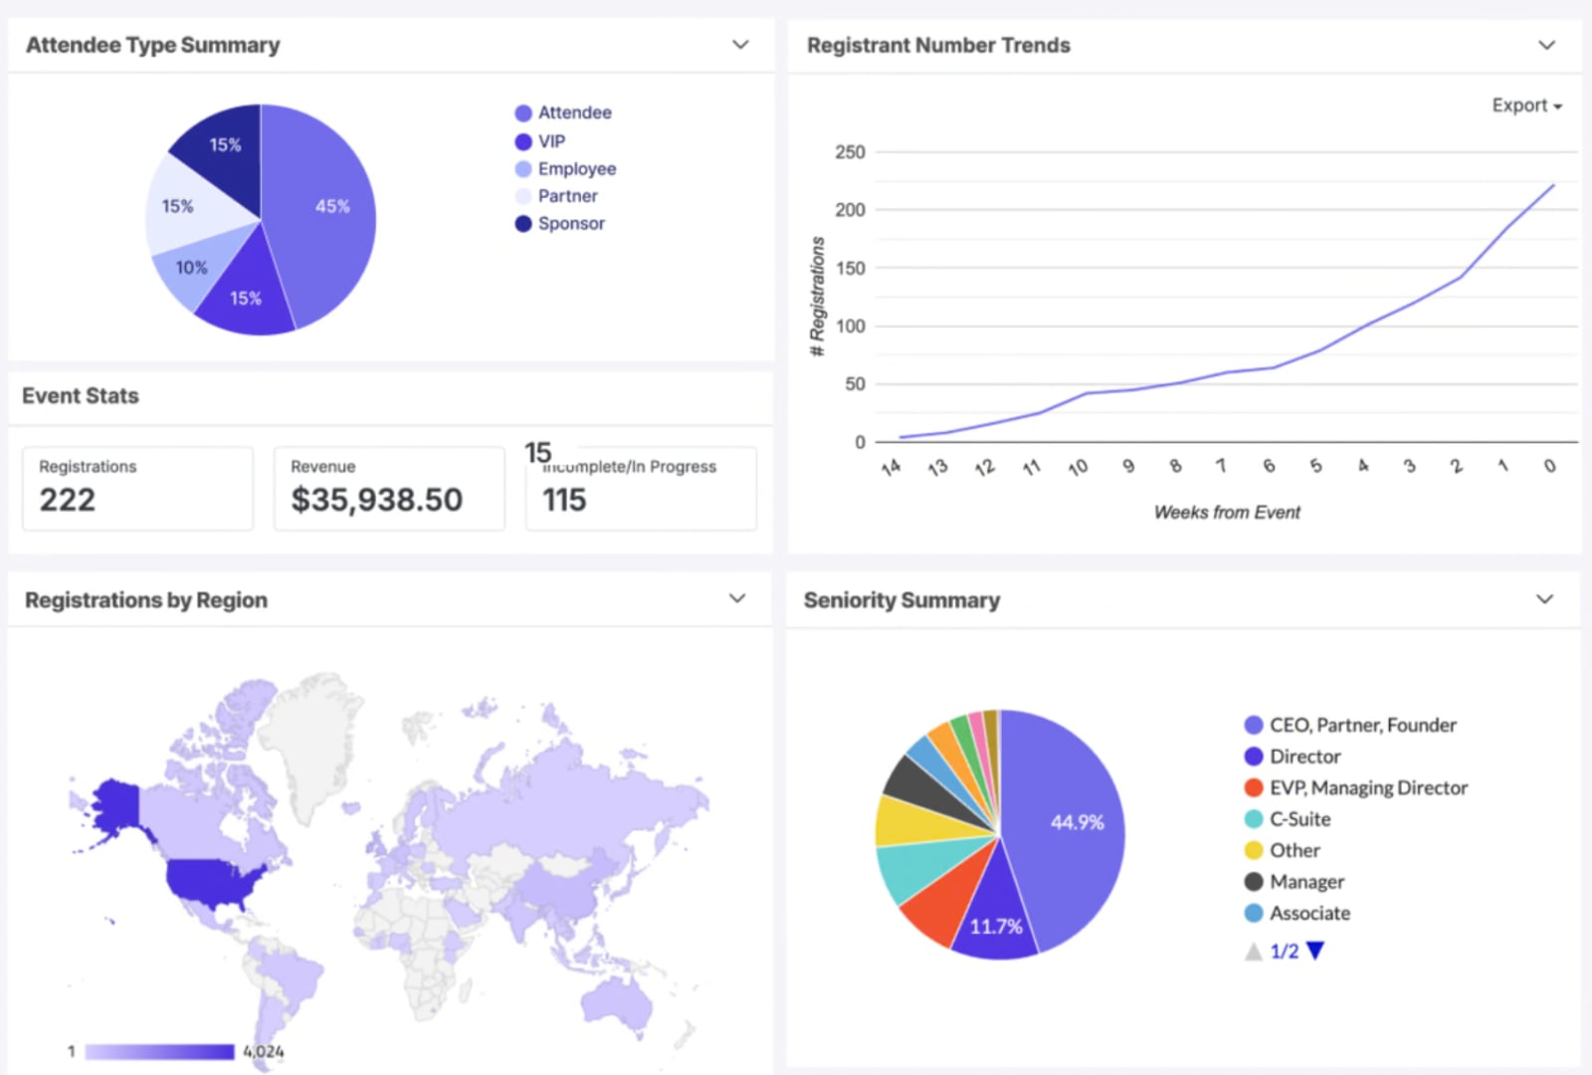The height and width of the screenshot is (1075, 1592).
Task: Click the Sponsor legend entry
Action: (570, 224)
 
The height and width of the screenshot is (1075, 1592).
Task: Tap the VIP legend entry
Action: (550, 141)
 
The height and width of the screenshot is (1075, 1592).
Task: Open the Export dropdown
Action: (1526, 106)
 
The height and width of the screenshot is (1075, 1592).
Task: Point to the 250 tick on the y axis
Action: (850, 152)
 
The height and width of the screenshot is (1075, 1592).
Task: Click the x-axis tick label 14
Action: (891, 467)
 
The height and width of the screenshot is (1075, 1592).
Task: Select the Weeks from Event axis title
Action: (1226, 513)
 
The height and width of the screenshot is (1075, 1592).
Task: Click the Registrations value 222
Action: (68, 500)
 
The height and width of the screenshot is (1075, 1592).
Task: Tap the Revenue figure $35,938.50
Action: (376, 500)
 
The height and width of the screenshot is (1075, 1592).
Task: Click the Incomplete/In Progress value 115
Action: (564, 500)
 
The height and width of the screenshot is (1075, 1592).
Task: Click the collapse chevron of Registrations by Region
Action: (737, 599)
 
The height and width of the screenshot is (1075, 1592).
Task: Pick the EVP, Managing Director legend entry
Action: (1367, 788)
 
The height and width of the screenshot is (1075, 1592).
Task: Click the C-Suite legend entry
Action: (1298, 819)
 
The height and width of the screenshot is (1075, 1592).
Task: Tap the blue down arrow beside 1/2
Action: (1315, 952)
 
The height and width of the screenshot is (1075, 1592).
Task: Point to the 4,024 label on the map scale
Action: (264, 1051)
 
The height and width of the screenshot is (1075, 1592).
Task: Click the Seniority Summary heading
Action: (901, 600)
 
